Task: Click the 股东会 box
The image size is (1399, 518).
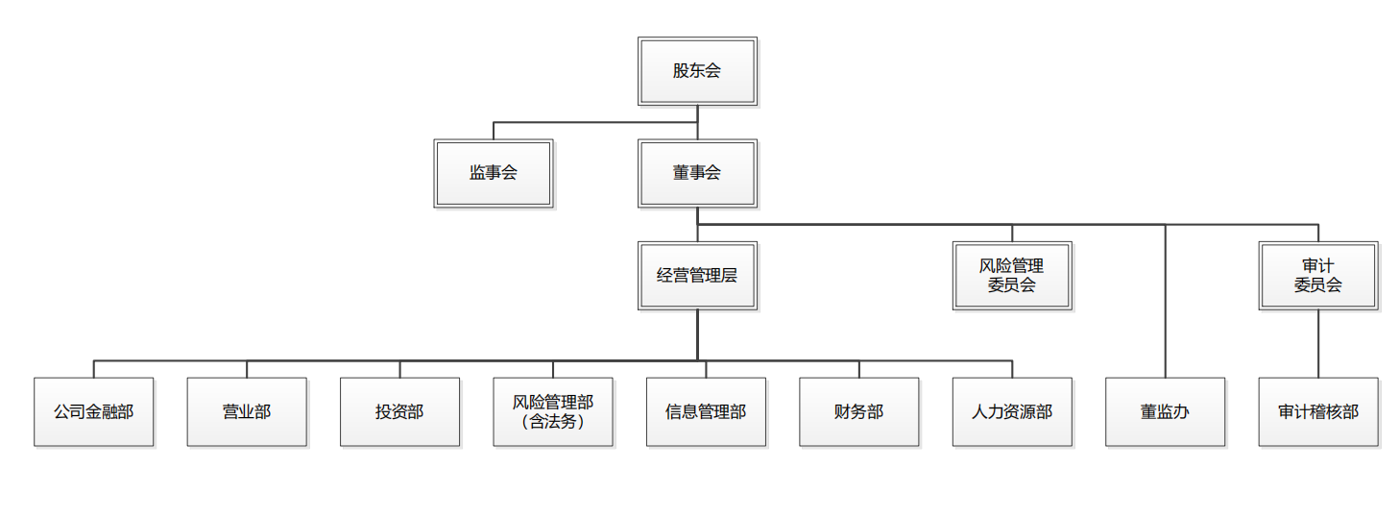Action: [x=697, y=71]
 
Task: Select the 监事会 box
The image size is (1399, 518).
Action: [x=494, y=173]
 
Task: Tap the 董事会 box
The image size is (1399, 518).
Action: [x=697, y=173]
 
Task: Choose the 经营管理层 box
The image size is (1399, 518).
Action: [x=697, y=276]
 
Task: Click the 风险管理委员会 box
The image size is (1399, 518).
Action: [x=1012, y=276]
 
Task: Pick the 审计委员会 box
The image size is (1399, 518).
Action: [x=1318, y=276]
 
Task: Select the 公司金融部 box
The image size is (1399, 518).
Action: [x=94, y=411]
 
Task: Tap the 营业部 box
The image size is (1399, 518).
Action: [x=247, y=411]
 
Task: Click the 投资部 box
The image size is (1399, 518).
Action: [x=399, y=411]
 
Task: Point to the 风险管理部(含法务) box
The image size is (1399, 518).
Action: [x=553, y=411]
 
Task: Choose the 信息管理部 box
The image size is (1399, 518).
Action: [x=706, y=411]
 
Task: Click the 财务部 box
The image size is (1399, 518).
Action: [x=859, y=411]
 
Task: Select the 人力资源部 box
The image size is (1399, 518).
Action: [x=1012, y=411]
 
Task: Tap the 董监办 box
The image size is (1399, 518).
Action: [x=1165, y=411]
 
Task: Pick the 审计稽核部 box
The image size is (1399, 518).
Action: [x=1318, y=411]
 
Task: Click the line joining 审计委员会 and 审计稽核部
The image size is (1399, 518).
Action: [x=1318, y=343]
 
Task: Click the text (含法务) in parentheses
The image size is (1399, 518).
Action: [x=553, y=421]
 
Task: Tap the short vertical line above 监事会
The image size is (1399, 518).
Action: [x=494, y=131]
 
